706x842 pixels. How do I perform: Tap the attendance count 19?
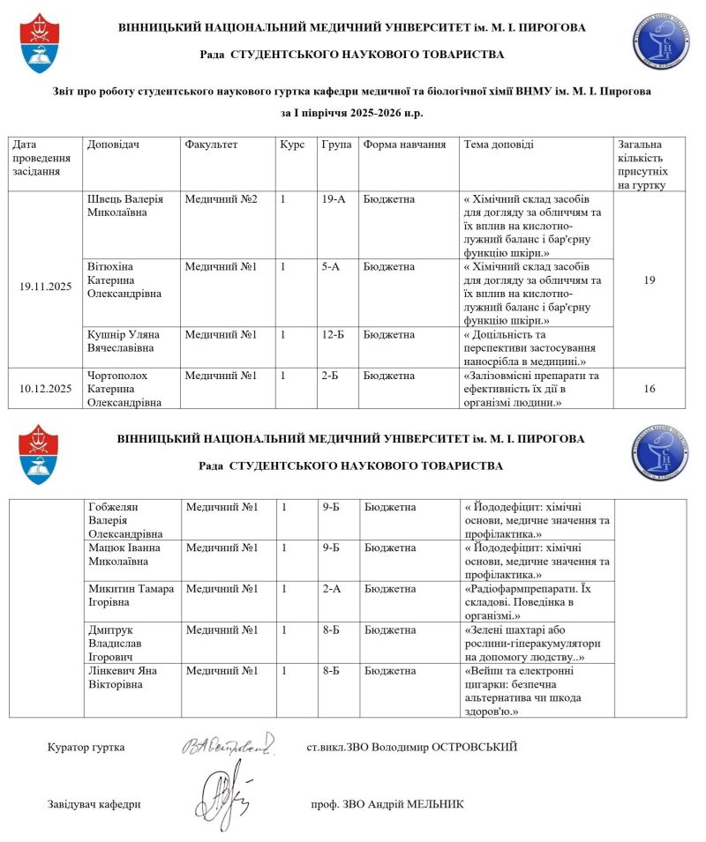click(650, 279)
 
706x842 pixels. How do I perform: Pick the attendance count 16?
click(650, 388)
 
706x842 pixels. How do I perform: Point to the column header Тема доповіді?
click(499, 144)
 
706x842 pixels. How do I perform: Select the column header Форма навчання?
click(404, 144)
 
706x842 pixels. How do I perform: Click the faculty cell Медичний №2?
click(221, 199)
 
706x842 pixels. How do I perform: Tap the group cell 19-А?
click(334, 199)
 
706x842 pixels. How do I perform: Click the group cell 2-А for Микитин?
click(332, 588)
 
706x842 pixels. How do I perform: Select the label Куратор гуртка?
click(86, 748)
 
